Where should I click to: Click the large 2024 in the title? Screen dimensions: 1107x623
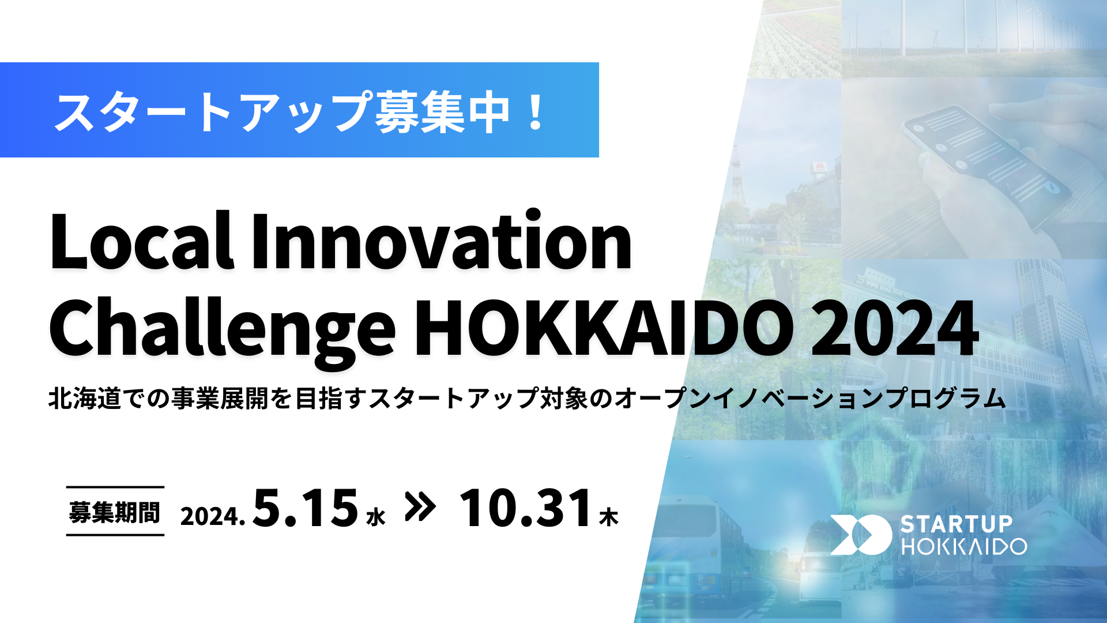point(895,327)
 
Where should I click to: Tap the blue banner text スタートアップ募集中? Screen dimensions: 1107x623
point(283,111)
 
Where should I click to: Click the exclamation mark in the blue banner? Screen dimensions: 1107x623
point(536,111)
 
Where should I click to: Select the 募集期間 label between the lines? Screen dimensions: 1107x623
point(115,512)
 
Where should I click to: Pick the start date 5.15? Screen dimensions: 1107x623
point(306,508)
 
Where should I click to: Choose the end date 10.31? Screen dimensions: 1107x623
point(526,508)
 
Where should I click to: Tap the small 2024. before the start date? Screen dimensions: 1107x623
point(213,516)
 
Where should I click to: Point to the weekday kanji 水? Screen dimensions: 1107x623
point(376,517)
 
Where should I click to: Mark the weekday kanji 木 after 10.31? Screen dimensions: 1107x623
point(609,517)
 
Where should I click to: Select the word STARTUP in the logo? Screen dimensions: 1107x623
point(957,524)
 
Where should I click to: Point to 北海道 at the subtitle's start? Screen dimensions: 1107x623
point(84,399)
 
